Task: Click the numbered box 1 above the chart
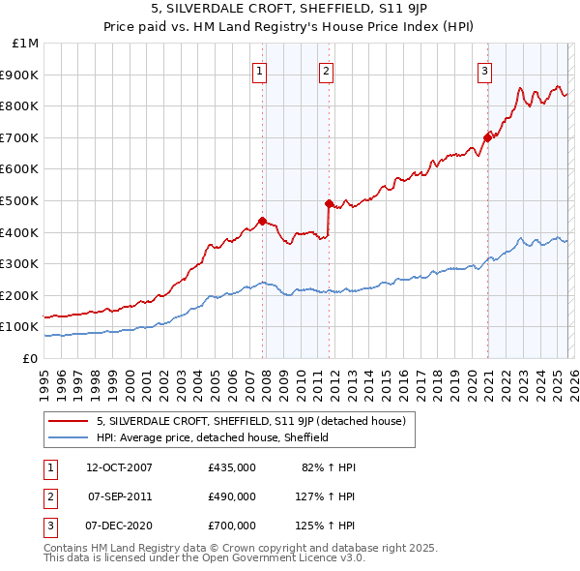coord(261,70)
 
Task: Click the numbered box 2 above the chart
coord(327,70)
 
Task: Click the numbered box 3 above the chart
coord(484,70)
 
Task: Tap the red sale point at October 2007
coord(262,221)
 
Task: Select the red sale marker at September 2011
coord(329,203)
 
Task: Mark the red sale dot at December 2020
coord(487,137)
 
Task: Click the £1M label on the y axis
coord(25,43)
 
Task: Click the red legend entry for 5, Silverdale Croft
coord(256,421)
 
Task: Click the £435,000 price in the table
coord(232,467)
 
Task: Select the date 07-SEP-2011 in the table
coord(119,496)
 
